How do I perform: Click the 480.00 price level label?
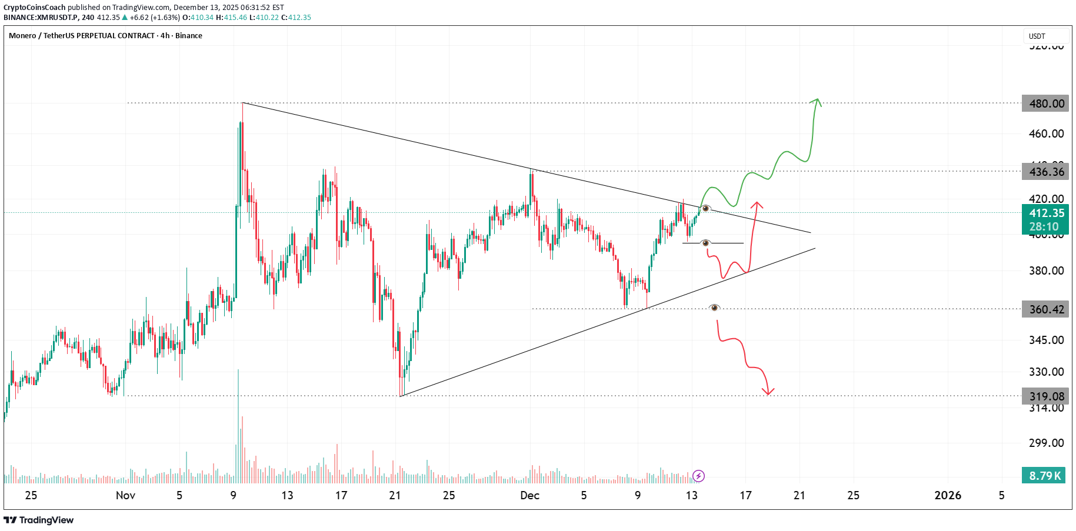coord(1046,103)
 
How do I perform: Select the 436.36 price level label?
coord(1046,172)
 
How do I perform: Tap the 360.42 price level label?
coord(1046,309)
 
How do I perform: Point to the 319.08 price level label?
coord(1046,396)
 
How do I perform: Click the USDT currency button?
coord(1037,36)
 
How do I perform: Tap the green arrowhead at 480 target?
coord(816,101)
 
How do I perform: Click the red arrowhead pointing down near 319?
coord(768,392)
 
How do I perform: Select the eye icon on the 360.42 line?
coord(714,308)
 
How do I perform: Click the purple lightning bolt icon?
coord(698,476)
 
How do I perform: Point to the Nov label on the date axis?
coord(125,495)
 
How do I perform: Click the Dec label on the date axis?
coord(529,495)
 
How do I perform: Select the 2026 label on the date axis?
coord(948,495)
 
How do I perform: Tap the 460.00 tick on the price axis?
coord(1046,133)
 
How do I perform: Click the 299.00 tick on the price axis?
coord(1046,443)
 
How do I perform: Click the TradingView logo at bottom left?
coord(39,520)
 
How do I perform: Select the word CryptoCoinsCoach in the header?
coord(34,8)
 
